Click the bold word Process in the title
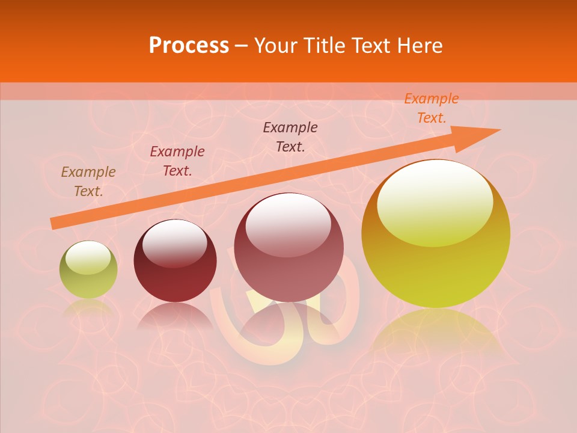(189, 46)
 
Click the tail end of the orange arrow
(54, 223)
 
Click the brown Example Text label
(88, 182)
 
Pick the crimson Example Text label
(177, 161)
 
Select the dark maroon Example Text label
(290, 137)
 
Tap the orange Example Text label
(432, 108)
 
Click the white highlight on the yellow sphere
(435, 201)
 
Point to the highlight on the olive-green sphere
(88, 256)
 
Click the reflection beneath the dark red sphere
(174, 316)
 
